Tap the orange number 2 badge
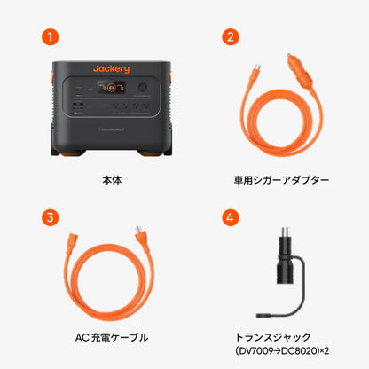pyautogui.click(x=232, y=37)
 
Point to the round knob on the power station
pyautogui.click(x=142, y=89)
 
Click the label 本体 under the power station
pyautogui.click(x=112, y=180)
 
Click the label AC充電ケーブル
pyautogui.click(x=112, y=337)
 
